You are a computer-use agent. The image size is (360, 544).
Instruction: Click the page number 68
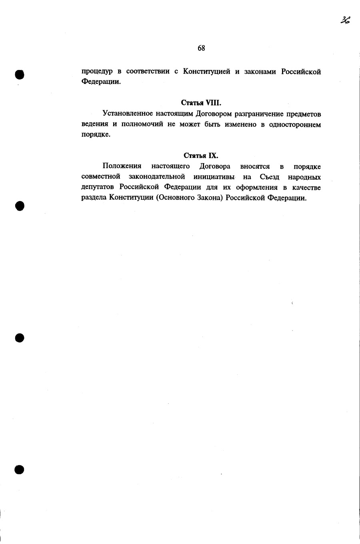coord(201,48)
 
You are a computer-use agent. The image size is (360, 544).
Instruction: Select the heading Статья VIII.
coord(201,103)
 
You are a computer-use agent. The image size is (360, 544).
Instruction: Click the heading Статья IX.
coord(201,155)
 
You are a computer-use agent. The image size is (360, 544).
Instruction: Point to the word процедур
coord(97,72)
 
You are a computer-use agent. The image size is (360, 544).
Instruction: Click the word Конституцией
coord(207,72)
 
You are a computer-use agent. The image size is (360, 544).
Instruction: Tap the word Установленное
coord(128,114)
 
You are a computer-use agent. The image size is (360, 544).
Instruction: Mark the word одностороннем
coord(295,124)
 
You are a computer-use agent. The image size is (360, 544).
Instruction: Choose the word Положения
coord(122,166)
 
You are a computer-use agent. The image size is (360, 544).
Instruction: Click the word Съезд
coord(270,177)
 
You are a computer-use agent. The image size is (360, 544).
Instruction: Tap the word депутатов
coord(98,187)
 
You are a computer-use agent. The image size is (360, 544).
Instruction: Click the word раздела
coord(94,198)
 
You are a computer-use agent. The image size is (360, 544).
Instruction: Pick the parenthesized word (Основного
coord(175,198)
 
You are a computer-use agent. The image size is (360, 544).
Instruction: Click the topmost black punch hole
coord(19,74)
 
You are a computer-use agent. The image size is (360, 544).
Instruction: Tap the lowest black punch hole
coord(19,470)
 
